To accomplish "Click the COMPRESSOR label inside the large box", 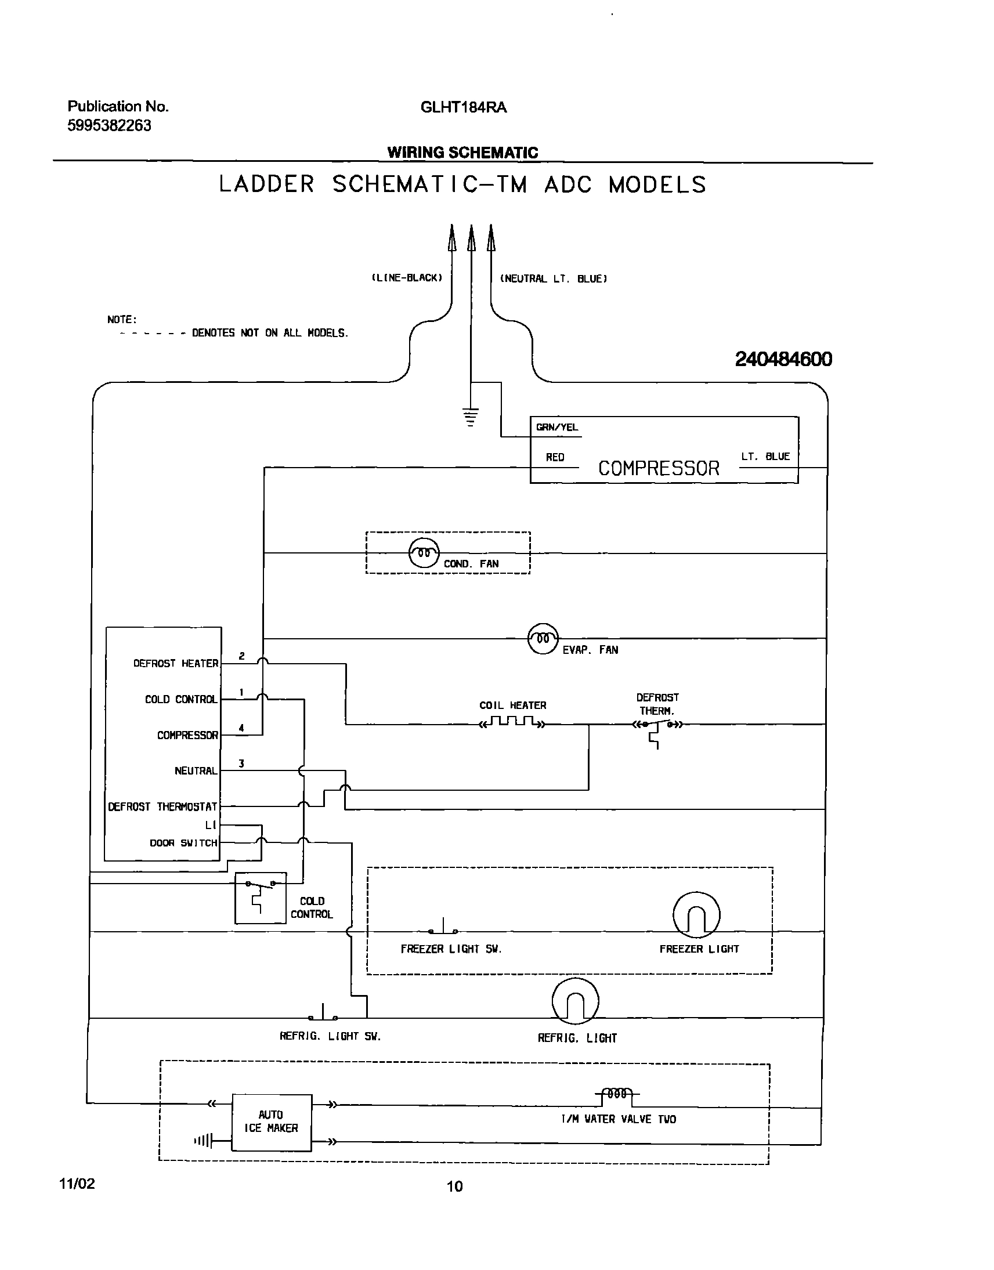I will (x=658, y=468).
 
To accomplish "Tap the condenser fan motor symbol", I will (x=424, y=553).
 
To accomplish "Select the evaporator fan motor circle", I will (x=543, y=639).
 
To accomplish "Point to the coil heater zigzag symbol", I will (x=512, y=722).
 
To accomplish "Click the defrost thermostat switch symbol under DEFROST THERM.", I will (x=657, y=729).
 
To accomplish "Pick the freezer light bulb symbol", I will (x=696, y=915).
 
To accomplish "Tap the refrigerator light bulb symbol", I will (x=575, y=1001).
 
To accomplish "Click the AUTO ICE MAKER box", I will (x=272, y=1121).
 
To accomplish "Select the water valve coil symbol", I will (x=617, y=1094).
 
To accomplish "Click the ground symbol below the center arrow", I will (x=471, y=417).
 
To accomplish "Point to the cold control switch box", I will (x=260, y=898).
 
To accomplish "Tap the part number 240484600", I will (x=783, y=359).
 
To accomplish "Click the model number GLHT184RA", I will (x=463, y=108).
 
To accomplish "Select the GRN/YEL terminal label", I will (x=556, y=428).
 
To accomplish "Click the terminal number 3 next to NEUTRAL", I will (x=241, y=764).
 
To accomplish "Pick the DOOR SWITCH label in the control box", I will (x=183, y=843).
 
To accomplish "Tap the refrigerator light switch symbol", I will (x=323, y=1013).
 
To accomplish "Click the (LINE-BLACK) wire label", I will (x=407, y=278).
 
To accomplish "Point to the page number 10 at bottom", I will (x=454, y=1186).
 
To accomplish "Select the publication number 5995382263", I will (x=110, y=126).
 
